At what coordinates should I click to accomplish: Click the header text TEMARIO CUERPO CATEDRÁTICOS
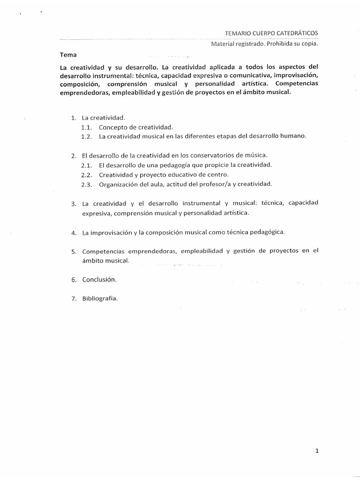[x=271, y=33]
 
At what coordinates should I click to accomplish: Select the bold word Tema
[x=68, y=54]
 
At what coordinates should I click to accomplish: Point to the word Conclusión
[x=99, y=279]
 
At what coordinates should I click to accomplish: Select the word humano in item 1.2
[x=293, y=136]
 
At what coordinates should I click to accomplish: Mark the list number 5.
[x=74, y=251]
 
